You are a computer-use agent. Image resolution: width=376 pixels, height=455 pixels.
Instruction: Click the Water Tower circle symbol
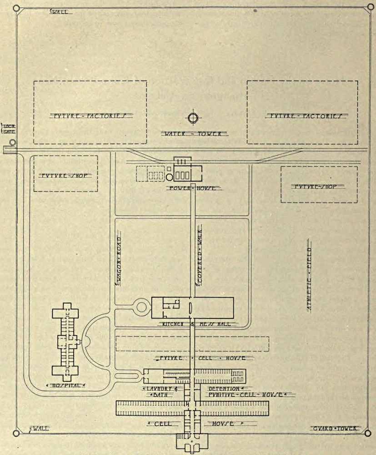193,118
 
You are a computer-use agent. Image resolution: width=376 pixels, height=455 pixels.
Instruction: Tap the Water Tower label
194,134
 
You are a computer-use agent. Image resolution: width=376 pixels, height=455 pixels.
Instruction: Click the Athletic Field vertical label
309,279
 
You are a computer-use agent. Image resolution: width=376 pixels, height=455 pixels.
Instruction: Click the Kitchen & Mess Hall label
192,324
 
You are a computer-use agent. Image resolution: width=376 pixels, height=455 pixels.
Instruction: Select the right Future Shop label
318,186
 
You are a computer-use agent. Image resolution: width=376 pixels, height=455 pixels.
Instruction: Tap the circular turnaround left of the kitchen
142,307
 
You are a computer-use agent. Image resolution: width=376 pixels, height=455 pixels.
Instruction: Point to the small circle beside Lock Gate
12,142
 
